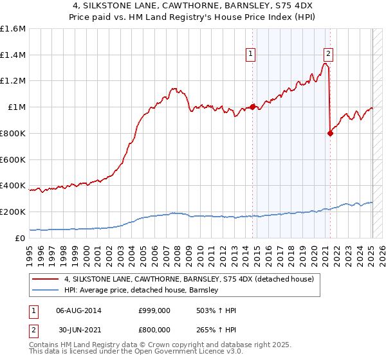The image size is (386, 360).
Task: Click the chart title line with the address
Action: point(192,6)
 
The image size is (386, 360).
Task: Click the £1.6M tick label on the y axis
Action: point(13,29)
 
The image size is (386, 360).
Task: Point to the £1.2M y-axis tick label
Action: point(13,81)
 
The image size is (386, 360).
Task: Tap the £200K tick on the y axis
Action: point(13,212)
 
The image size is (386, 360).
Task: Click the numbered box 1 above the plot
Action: point(250,54)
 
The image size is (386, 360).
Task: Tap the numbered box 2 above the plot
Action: point(329,54)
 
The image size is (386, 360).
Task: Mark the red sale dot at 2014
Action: point(253,107)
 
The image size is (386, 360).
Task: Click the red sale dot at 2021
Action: point(331,133)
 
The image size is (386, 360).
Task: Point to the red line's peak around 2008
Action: point(174,88)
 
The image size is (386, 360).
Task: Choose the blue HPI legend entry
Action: point(142,290)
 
